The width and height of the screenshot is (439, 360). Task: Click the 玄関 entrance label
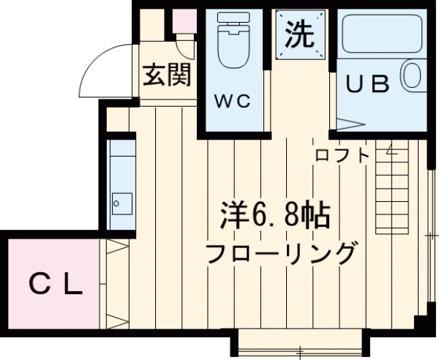(x=167, y=75)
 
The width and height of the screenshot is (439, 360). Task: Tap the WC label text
(x=233, y=102)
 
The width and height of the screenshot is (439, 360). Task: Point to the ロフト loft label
(x=342, y=155)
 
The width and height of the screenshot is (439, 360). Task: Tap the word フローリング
(x=280, y=254)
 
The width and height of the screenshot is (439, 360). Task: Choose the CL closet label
(x=56, y=283)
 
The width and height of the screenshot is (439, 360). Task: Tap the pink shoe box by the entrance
(x=184, y=23)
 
